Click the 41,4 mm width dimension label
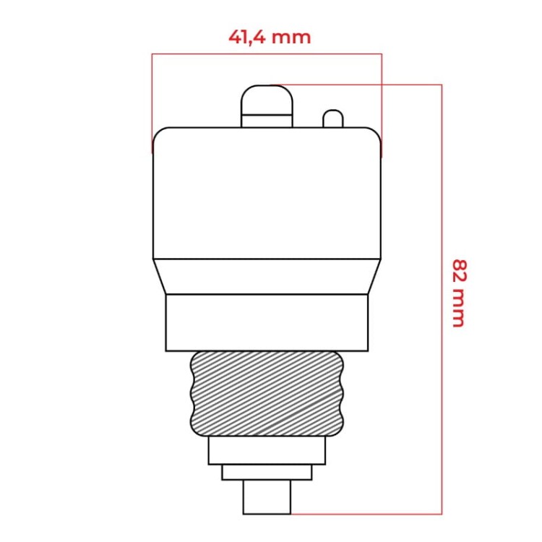click(270, 37)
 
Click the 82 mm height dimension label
click(457, 292)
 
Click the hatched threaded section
click(267, 394)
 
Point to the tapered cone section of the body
click(267, 276)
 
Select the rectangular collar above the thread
click(267, 322)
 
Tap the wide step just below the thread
click(267, 450)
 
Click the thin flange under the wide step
click(267, 472)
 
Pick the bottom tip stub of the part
click(267, 497)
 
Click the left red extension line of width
click(152, 101)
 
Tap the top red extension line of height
click(361, 85)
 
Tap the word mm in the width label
click(296, 37)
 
